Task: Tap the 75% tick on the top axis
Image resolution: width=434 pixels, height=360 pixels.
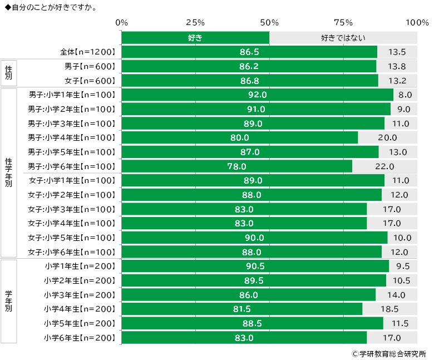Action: click(343, 23)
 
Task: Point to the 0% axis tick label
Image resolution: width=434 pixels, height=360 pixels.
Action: click(122, 23)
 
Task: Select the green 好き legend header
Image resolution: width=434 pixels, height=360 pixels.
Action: click(195, 38)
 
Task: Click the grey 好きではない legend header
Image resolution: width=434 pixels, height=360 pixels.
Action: click(343, 38)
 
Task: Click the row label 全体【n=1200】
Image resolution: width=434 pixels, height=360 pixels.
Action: click(87, 52)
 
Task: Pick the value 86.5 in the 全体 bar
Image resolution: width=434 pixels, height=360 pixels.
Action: click(249, 52)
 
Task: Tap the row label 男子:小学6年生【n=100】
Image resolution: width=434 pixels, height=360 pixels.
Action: click(72, 166)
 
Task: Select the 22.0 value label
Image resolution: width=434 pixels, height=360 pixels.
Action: click(384, 166)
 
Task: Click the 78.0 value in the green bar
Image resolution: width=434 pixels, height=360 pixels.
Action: click(236, 166)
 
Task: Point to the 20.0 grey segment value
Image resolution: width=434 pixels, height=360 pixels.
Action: click(387, 137)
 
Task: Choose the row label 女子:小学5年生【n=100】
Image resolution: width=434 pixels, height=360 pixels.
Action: click(72, 238)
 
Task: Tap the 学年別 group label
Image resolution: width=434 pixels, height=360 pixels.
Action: click(8, 302)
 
